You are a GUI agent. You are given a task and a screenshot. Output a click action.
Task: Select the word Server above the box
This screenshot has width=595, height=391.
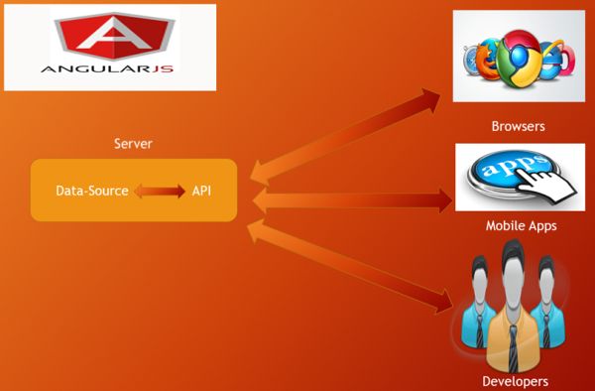click(x=133, y=145)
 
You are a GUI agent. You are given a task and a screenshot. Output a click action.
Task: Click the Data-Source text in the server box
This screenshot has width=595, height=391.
click(x=91, y=191)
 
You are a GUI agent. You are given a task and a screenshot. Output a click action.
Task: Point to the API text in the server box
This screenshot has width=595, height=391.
click(x=201, y=191)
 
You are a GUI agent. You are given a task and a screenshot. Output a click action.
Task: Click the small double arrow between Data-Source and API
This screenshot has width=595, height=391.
click(x=160, y=191)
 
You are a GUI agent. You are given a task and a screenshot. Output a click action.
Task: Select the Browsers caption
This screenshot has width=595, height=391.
click(x=518, y=127)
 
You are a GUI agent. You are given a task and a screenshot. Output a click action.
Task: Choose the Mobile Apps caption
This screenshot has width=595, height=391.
click(x=521, y=226)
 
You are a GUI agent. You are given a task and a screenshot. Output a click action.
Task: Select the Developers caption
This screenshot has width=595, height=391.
click(x=515, y=381)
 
